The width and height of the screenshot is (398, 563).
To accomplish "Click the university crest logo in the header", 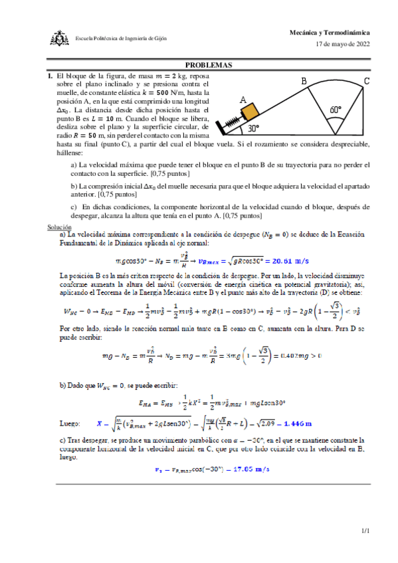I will [x=59, y=39].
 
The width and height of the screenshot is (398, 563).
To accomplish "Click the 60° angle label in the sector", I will [x=336, y=110].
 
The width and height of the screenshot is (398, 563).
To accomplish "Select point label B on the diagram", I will [x=304, y=81].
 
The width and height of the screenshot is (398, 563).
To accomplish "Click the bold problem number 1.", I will [x=49, y=76].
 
